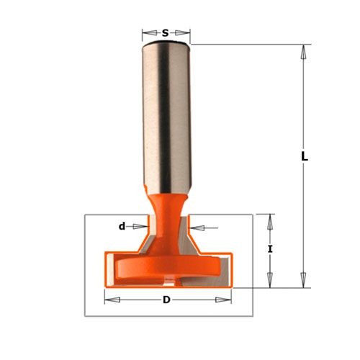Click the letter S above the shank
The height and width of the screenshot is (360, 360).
[165, 33]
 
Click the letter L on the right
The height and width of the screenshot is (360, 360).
[305, 157]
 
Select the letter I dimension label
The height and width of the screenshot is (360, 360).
[271, 249]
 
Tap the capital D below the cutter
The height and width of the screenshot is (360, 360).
[166, 300]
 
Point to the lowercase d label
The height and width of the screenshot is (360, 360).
[122, 226]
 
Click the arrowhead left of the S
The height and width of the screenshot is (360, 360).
[150, 33]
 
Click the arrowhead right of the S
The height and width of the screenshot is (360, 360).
[182, 33]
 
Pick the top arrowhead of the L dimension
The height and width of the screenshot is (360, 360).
[304, 52]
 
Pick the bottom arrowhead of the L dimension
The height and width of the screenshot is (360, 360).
[304, 280]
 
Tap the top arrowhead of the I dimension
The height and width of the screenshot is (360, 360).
[271, 222]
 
